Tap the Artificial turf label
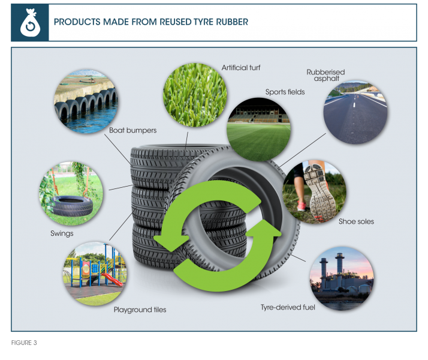pos(241,67)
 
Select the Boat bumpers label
pos(132,130)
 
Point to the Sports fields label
pos(285,92)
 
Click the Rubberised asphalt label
pos(325,75)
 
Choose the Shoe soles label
pos(356,221)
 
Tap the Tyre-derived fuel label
pos(288,307)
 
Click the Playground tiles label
pos(140,310)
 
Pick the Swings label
pos(62,233)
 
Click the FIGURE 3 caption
pos(24,343)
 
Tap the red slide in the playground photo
pos(112,279)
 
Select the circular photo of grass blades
pos(195,95)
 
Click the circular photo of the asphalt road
pos(355,112)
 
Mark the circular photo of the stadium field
pos(259,129)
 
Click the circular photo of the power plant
pos(342,278)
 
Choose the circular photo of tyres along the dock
pos(86,101)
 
